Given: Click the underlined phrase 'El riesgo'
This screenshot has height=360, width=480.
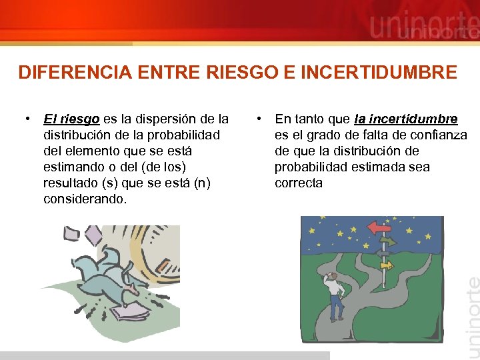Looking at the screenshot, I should (x=71, y=119).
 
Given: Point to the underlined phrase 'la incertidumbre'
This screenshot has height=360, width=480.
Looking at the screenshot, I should (x=406, y=119).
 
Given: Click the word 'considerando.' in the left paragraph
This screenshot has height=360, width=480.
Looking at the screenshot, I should (x=84, y=199).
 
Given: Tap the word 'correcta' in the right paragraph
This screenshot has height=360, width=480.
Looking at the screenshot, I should (x=298, y=183).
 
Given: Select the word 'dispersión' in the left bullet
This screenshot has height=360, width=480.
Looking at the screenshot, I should (x=166, y=119).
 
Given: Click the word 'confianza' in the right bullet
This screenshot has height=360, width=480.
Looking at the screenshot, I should (x=439, y=135).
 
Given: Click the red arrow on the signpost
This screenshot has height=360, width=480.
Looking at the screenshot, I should (x=379, y=227).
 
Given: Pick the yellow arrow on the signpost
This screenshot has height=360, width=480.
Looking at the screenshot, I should (x=386, y=265).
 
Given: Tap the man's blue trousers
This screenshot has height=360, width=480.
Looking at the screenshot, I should (x=336, y=307).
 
